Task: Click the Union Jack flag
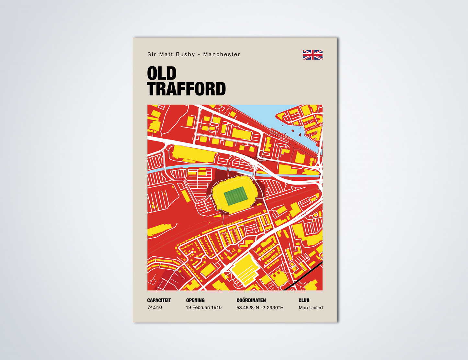[x=313, y=55]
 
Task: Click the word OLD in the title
[x=162, y=73]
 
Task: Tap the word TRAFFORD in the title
[x=186, y=89]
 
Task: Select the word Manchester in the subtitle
[x=222, y=54]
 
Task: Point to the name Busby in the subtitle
[x=185, y=54]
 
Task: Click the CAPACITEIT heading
[x=159, y=300]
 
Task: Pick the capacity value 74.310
[x=154, y=307]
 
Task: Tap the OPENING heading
[x=195, y=300]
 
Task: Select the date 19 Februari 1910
[x=203, y=307]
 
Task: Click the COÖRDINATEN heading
[x=251, y=300]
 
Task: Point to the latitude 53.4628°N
[x=248, y=308]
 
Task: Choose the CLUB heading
[x=304, y=300]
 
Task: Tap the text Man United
[x=311, y=308]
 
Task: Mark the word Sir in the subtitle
[x=152, y=54]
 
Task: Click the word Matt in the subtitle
[x=166, y=54]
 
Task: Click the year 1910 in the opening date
[x=216, y=307]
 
